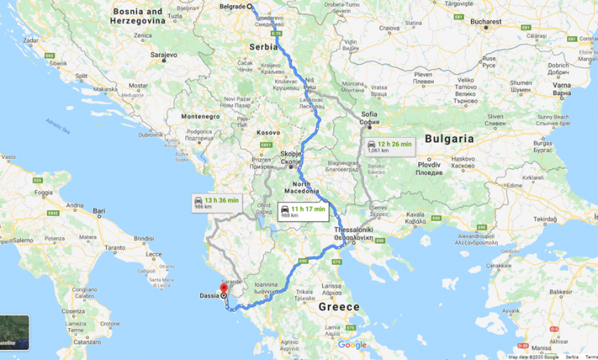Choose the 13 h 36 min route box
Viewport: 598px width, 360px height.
tap(216, 203)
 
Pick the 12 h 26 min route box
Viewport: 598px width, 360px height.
tap(390, 146)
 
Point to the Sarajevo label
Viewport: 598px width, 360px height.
tap(165, 55)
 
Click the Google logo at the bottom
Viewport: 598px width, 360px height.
tap(352, 344)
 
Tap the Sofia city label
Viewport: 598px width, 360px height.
tap(369, 114)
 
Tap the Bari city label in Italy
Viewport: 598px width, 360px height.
tap(99, 210)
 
